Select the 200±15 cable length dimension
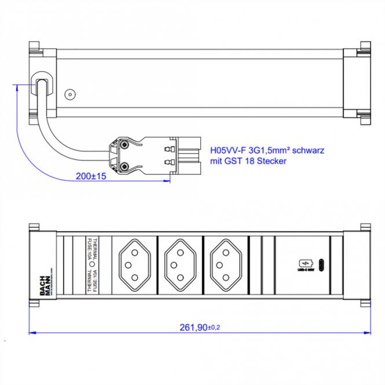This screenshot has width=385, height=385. pyautogui.click(x=91, y=176)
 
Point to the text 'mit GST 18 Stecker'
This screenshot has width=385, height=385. pyautogui.click(x=248, y=162)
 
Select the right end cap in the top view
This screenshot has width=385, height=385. pyautogui.click(x=357, y=82)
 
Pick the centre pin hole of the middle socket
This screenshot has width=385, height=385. pyautogui.click(x=173, y=265)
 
